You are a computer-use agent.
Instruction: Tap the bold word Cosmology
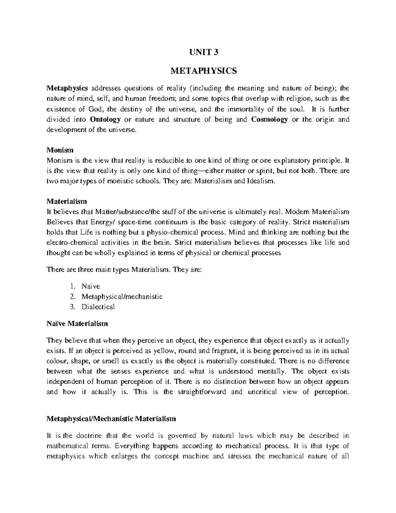click(269, 120)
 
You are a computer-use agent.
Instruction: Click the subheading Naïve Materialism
click(77, 323)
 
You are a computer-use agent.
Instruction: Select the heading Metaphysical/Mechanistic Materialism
click(111, 419)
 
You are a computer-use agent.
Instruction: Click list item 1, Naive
click(91, 286)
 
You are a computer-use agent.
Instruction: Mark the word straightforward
click(202, 392)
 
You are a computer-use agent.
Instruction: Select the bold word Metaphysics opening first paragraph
click(67, 89)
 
